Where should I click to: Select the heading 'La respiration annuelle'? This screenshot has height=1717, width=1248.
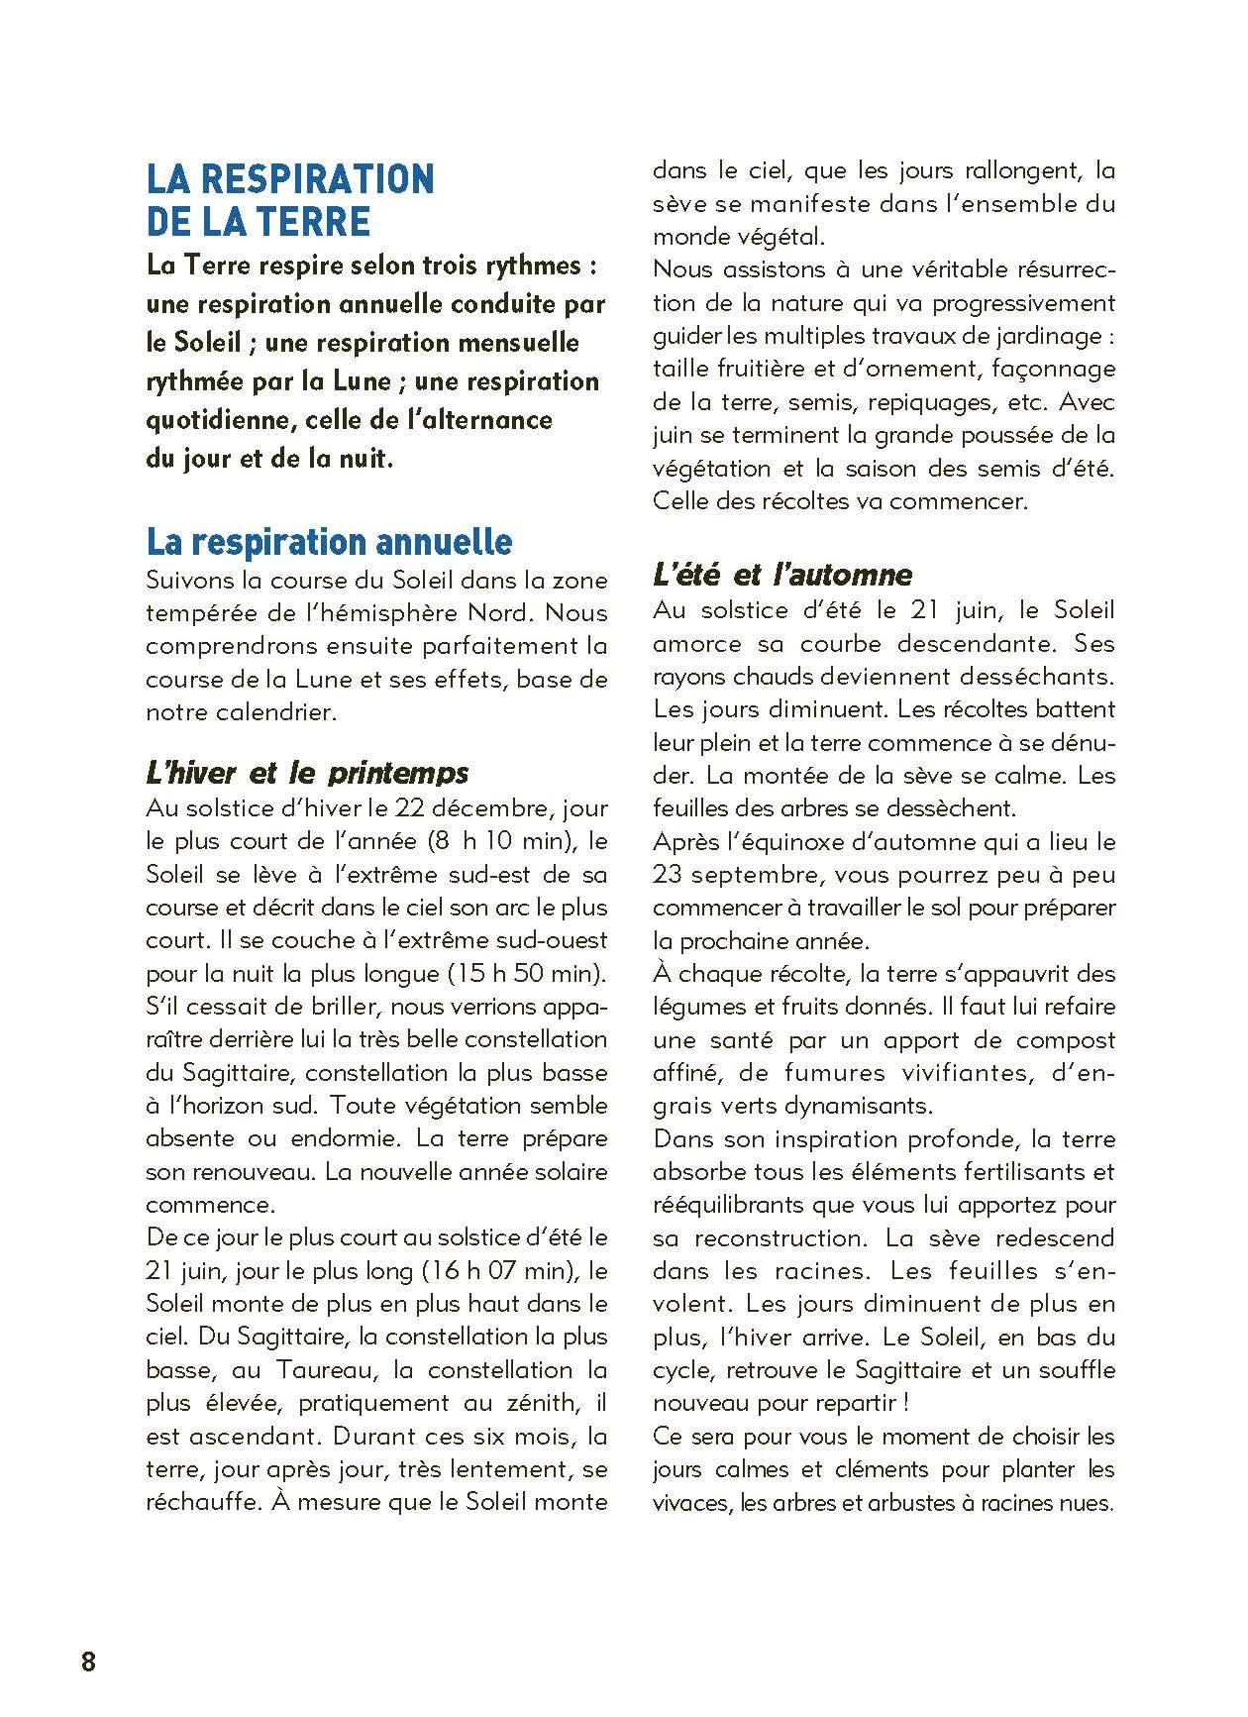(329, 542)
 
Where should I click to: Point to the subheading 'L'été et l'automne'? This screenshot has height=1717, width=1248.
(782, 574)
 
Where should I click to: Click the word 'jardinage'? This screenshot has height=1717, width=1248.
(1045, 336)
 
